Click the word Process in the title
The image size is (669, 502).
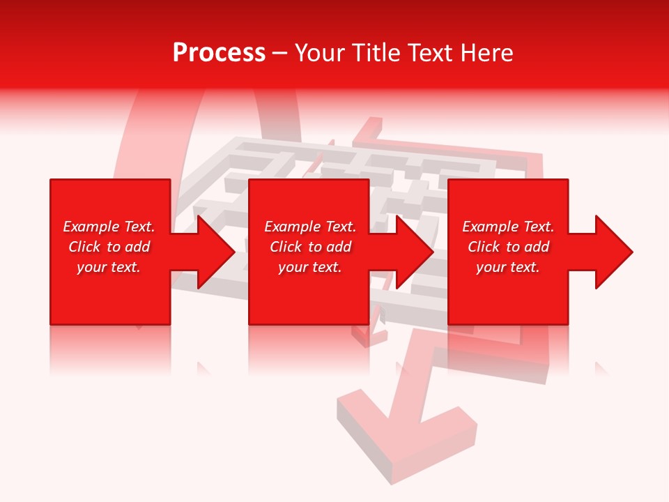coord(219,53)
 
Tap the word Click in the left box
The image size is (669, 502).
coord(85,247)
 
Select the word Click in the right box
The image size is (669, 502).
coord(484,247)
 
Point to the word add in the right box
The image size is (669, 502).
coord(536,247)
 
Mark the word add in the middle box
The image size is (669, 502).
coord(338,247)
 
